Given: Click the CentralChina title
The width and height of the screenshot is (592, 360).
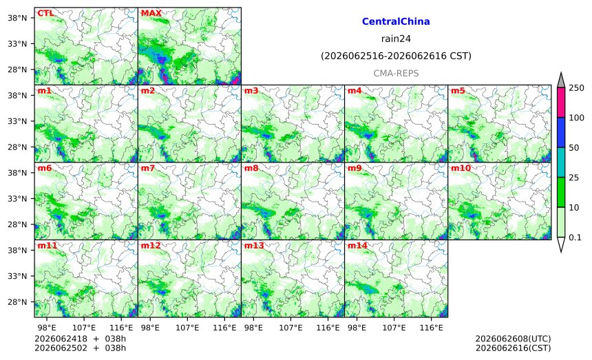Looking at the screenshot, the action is [396, 21].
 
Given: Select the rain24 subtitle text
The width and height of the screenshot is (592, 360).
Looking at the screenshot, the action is [396, 39].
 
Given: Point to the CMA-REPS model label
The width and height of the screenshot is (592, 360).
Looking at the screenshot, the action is [396, 73].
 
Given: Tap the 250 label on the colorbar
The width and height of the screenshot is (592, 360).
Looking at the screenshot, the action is [577, 88].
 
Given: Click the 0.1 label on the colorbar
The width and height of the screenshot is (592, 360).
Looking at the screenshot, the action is [575, 237].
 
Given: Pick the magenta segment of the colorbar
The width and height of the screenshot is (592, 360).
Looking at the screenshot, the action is [561, 103].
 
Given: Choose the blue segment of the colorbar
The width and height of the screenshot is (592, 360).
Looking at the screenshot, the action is [561, 132].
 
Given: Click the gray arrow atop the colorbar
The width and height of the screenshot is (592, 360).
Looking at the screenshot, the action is [561, 81].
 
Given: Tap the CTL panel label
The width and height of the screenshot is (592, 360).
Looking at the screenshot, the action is [45, 13].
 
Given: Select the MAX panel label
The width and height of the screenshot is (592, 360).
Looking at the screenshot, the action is [151, 13].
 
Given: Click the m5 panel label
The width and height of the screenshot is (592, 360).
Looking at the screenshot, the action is [458, 91].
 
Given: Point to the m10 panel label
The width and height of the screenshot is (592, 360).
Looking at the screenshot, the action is [461, 169].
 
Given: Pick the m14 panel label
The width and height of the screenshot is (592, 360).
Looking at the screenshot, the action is [357, 246].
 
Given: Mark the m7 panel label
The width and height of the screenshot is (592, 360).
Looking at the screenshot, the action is [147, 169].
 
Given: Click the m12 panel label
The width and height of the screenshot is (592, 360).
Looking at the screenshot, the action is [151, 246].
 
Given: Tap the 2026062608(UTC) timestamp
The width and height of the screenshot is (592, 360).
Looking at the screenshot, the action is [513, 339].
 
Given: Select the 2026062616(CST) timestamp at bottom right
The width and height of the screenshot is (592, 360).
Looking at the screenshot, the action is [513, 348].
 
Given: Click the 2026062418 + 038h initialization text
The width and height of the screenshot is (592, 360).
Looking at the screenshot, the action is [80, 339].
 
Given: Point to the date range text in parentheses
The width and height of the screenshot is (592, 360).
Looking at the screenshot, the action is [396, 56].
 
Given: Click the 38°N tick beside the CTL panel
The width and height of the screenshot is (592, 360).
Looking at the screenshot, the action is [17, 18].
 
